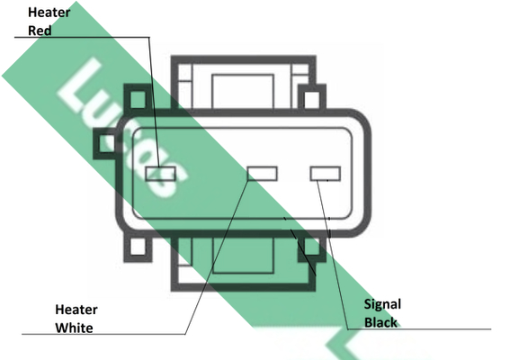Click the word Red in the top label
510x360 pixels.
point(40,31)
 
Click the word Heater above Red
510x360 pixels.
point(49,13)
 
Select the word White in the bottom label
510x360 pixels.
point(74,328)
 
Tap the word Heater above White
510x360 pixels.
point(76,310)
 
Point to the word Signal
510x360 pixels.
point(382,305)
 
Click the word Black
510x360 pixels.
point(380,322)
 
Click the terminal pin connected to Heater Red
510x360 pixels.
point(160,174)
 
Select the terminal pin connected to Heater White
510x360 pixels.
point(262,174)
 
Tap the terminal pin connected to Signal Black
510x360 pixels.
point(326,174)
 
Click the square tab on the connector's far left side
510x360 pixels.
point(105,143)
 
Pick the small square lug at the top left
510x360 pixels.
point(138,99)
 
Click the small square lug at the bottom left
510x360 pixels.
point(138,247)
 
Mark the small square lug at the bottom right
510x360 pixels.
point(311,247)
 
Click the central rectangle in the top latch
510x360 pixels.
point(243,92)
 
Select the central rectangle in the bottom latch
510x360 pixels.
point(243,255)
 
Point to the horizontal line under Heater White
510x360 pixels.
point(103,334)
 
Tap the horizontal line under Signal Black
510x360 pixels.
point(419,329)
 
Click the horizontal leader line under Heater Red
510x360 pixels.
point(82,37)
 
